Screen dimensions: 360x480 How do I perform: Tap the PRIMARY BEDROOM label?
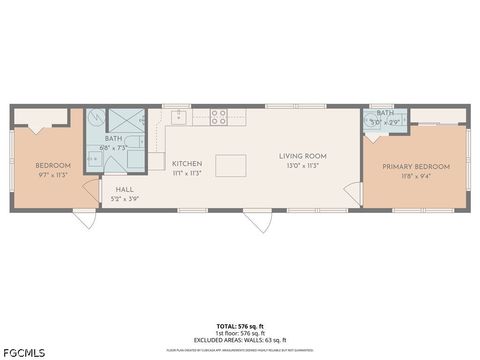tap(415, 166)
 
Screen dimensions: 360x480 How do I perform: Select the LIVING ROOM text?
tap(302, 155)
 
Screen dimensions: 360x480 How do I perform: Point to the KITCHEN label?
tap(187, 163)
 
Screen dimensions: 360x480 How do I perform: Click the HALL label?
tap(124, 188)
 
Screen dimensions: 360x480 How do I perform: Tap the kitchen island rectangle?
tap(231, 165)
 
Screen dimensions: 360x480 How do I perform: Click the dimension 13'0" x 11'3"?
tap(302, 166)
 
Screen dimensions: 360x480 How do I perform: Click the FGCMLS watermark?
tap(23, 351)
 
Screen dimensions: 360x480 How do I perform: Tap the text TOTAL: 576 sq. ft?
tap(240, 326)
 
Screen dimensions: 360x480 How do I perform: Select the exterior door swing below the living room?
tap(258, 221)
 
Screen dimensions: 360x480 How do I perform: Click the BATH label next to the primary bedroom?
tap(385, 113)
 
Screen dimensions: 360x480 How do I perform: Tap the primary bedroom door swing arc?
tap(351, 193)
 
